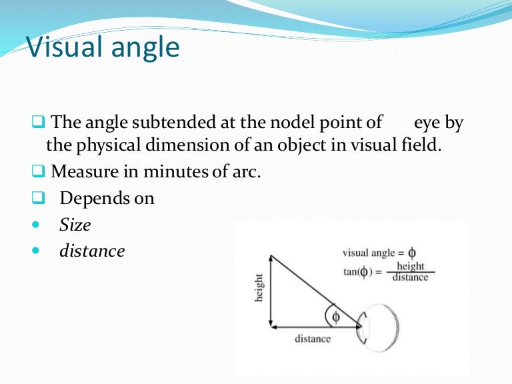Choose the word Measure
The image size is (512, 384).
[81, 171]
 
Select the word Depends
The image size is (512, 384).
[88, 198]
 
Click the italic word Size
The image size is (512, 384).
[75, 225]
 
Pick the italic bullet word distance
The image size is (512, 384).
[92, 251]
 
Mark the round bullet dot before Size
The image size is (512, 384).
[35, 225]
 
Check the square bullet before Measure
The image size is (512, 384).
[37, 172]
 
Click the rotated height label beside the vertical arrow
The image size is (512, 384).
[259, 288]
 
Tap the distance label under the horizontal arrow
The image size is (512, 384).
[313, 339]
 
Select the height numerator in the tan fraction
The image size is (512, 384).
[411, 267]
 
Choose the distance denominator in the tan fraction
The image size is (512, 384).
[411, 277]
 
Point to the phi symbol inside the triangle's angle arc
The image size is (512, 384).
[336, 317]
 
